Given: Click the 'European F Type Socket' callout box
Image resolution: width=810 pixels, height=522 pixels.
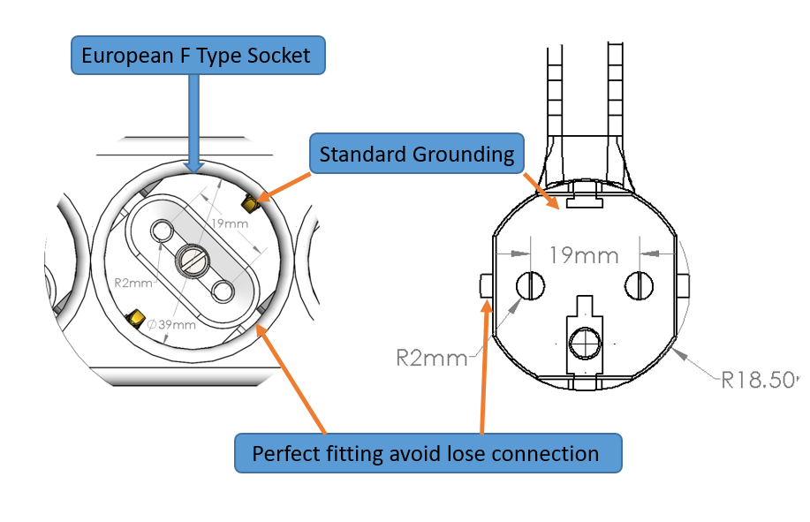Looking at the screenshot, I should point(197,56).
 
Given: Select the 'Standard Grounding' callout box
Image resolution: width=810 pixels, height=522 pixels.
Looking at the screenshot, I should point(417,155).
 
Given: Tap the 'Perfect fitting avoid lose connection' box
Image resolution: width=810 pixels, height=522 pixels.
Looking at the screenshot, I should point(427,454).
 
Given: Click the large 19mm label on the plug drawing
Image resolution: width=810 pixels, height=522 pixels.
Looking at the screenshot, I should point(582,256).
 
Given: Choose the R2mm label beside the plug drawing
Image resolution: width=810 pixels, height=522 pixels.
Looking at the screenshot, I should point(431,358).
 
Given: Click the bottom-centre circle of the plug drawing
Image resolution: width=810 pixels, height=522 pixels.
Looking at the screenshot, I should point(585,342).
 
